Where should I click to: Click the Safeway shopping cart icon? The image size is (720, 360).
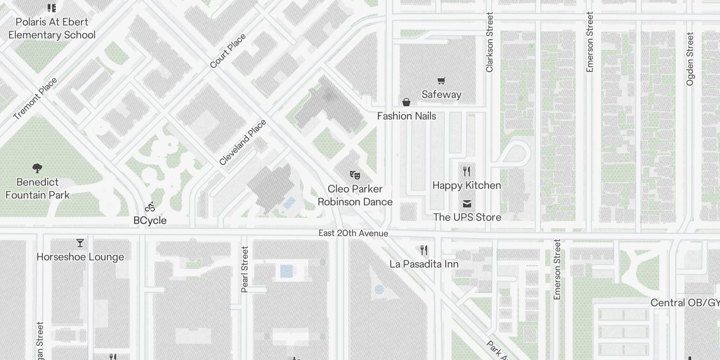coord(441,81)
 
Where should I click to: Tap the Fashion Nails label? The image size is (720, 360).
coord(406,116)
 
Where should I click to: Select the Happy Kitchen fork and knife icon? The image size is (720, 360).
coord(467,171)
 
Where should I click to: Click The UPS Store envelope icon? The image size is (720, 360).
coord(467,204)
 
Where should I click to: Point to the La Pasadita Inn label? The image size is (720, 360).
coord(424,264)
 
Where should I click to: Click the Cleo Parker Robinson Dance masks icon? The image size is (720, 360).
coord(355,175)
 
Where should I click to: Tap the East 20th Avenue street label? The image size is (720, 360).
coord(353,233)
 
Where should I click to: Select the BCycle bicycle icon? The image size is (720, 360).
coord(150,207)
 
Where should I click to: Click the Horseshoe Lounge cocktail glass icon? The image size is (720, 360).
coord(80,243)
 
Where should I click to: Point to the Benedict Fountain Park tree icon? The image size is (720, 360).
coord(38,168)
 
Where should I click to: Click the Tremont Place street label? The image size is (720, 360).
coord(35,99)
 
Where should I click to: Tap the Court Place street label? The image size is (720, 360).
coord(228,51)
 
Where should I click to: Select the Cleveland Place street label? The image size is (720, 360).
coord(243,142)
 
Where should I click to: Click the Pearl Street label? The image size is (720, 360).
coord(245,269)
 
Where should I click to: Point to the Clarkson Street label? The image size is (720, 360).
coord(490,42)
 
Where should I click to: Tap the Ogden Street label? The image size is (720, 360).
coord(690,58)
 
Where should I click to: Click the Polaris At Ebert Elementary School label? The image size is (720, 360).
coord(52,28)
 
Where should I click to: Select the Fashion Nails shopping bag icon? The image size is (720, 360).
coord(406,103)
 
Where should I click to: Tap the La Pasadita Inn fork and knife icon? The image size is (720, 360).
coord(424,250)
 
